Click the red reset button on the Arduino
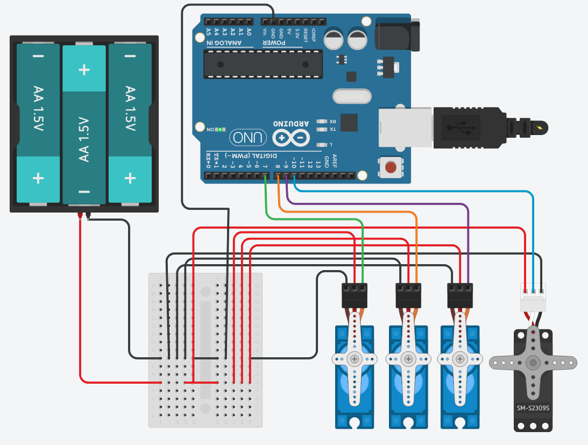click(391, 167)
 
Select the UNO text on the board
click(249, 138)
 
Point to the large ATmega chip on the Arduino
click(263, 64)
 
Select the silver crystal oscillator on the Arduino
click(352, 96)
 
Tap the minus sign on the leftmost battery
click(38, 56)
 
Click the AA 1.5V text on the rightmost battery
click(130, 108)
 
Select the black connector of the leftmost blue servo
click(355, 295)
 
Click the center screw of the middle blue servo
click(408, 358)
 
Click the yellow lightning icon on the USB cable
click(540, 128)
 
